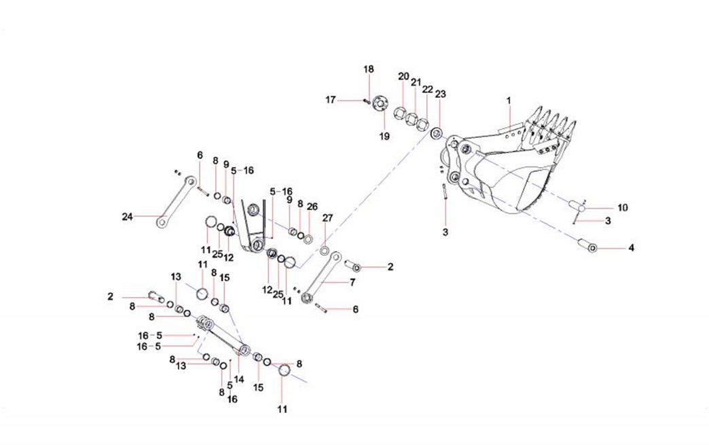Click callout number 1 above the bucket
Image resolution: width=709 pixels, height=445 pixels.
point(508,101)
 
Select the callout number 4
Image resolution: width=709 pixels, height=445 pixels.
point(631,248)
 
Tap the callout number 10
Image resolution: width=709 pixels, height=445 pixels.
point(623,207)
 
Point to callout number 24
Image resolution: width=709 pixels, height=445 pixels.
point(126,217)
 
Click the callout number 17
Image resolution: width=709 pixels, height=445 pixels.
point(331,100)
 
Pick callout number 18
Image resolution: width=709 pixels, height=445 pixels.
point(368,69)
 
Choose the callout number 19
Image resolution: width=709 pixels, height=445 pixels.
point(384,136)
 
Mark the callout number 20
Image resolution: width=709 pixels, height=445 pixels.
point(403,76)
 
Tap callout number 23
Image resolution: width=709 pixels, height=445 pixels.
point(440,93)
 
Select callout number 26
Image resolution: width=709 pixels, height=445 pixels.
point(312,206)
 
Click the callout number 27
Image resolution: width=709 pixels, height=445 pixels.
point(328,218)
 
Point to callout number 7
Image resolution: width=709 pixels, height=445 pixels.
point(352,281)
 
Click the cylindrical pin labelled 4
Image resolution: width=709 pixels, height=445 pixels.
point(587,245)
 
